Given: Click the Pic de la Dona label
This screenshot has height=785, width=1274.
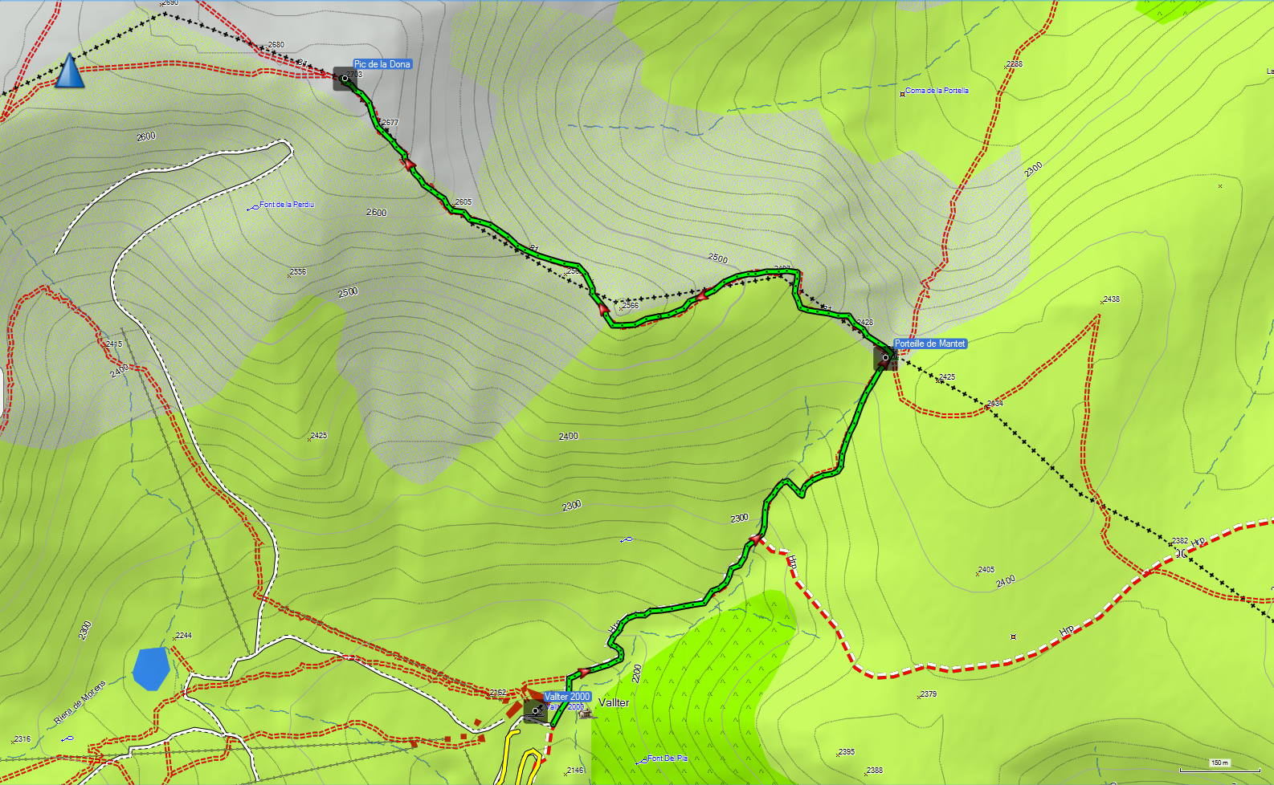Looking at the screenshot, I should [x=382, y=64].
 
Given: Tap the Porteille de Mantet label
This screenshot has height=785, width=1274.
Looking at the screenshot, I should [x=930, y=344].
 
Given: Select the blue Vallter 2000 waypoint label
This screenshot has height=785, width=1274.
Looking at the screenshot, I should [x=567, y=697].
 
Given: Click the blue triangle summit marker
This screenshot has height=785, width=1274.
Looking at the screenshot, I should [x=70, y=71].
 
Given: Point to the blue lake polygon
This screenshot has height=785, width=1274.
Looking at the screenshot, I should [x=151, y=668].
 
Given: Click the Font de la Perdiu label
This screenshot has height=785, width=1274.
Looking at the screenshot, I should [x=286, y=205].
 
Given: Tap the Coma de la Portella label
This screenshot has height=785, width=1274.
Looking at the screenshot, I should [x=937, y=91].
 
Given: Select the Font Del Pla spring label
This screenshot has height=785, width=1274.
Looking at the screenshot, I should [x=668, y=758].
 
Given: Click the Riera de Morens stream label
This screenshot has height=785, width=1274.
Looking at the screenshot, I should [x=80, y=703].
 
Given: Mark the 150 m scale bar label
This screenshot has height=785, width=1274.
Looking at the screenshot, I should [x=1219, y=763].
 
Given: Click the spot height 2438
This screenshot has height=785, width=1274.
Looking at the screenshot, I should [x=1111, y=299].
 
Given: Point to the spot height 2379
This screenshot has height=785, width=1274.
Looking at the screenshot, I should [x=928, y=694].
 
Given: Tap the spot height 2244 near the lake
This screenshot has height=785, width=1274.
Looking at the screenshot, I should [x=183, y=636].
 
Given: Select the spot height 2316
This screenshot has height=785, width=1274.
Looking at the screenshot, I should [x=22, y=739].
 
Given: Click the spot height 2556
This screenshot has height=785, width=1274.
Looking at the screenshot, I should [x=297, y=272].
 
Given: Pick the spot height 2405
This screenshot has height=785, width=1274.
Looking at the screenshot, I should [x=986, y=570].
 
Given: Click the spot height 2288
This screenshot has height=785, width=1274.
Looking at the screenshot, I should [x=1015, y=64].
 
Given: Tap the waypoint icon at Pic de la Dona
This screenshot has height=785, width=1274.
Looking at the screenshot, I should [x=345, y=79].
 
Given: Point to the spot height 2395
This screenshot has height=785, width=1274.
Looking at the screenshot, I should [x=847, y=752].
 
